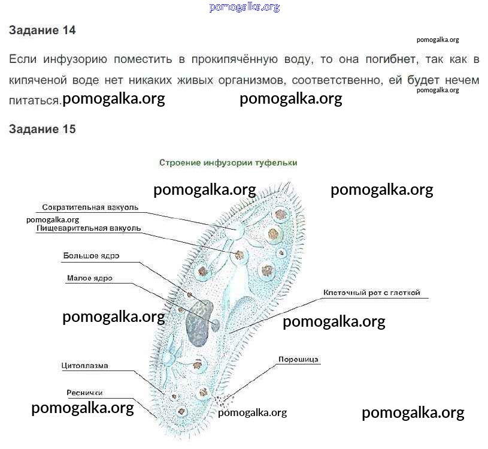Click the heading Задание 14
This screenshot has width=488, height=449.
[x=43, y=30]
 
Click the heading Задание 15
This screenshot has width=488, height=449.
[x=43, y=129]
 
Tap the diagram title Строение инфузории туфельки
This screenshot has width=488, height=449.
[x=228, y=162]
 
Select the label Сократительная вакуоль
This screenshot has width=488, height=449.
[x=90, y=207]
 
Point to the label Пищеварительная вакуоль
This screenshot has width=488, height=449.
[x=89, y=228]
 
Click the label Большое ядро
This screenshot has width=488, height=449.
[x=91, y=256]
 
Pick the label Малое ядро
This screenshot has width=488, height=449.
[x=90, y=278]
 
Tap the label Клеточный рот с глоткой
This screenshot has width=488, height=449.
[x=372, y=293]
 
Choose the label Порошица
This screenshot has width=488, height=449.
[x=298, y=360]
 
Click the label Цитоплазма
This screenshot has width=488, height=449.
[x=84, y=366]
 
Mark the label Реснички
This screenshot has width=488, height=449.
[x=84, y=393]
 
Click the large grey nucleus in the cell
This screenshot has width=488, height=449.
[x=199, y=323]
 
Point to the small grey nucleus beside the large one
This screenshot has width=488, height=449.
[x=216, y=325]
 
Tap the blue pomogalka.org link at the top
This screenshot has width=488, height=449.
[x=244, y=7]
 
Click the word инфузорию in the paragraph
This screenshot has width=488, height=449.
[x=75, y=59]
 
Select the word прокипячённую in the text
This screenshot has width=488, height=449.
[x=234, y=59]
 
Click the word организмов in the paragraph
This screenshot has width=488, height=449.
[x=251, y=80]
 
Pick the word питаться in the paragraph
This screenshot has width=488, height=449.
[x=34, y=101]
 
